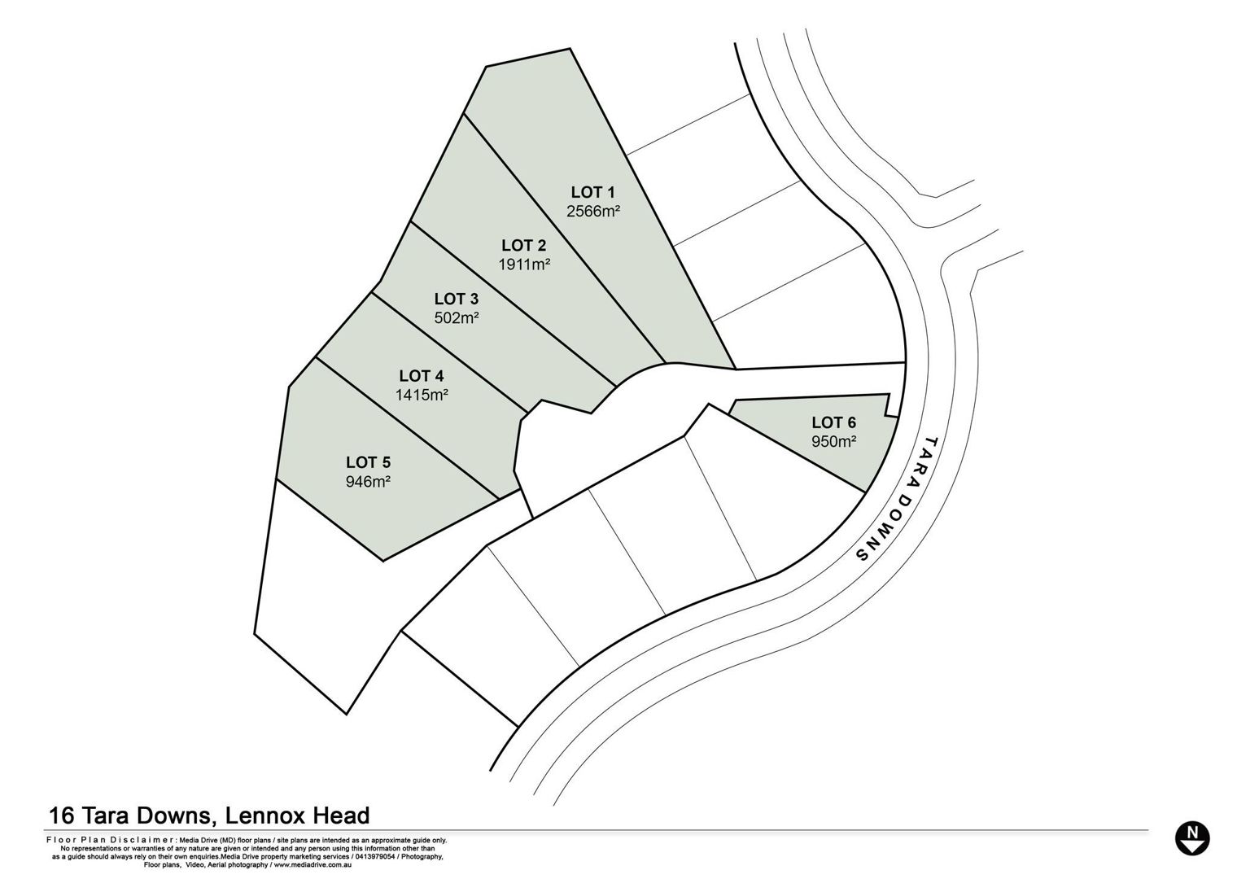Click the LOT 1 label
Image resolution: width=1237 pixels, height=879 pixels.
click(x=592, y=192)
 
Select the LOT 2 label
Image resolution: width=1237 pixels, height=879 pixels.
click(x=523, y=245)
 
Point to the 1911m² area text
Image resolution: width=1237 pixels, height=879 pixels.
click(x=524, y=265)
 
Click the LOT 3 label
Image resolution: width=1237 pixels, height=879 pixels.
click(x=456, y=299)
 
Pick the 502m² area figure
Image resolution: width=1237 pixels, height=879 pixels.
click(x=457, y=317)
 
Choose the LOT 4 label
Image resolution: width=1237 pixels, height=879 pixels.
click(x=422, y=376)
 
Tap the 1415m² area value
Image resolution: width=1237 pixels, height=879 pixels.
click(x=422, y=395)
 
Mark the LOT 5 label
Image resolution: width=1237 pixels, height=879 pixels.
click(x=369, y=462)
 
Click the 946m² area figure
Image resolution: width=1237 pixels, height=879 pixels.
click(x=369, y=482)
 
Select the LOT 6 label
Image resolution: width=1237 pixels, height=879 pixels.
click(x=834, y=422)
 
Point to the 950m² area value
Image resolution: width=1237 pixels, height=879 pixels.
click(x=834, y=442)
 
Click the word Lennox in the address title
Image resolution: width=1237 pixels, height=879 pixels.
click(x=267, y=816)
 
